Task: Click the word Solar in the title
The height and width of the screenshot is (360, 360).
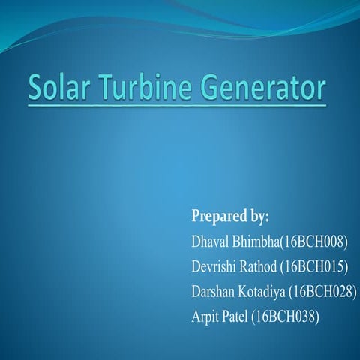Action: [60, 90]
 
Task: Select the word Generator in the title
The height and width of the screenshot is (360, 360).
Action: [265, 90]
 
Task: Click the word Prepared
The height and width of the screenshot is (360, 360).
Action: [218, 218]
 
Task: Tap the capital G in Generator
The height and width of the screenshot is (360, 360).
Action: [213, 90]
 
